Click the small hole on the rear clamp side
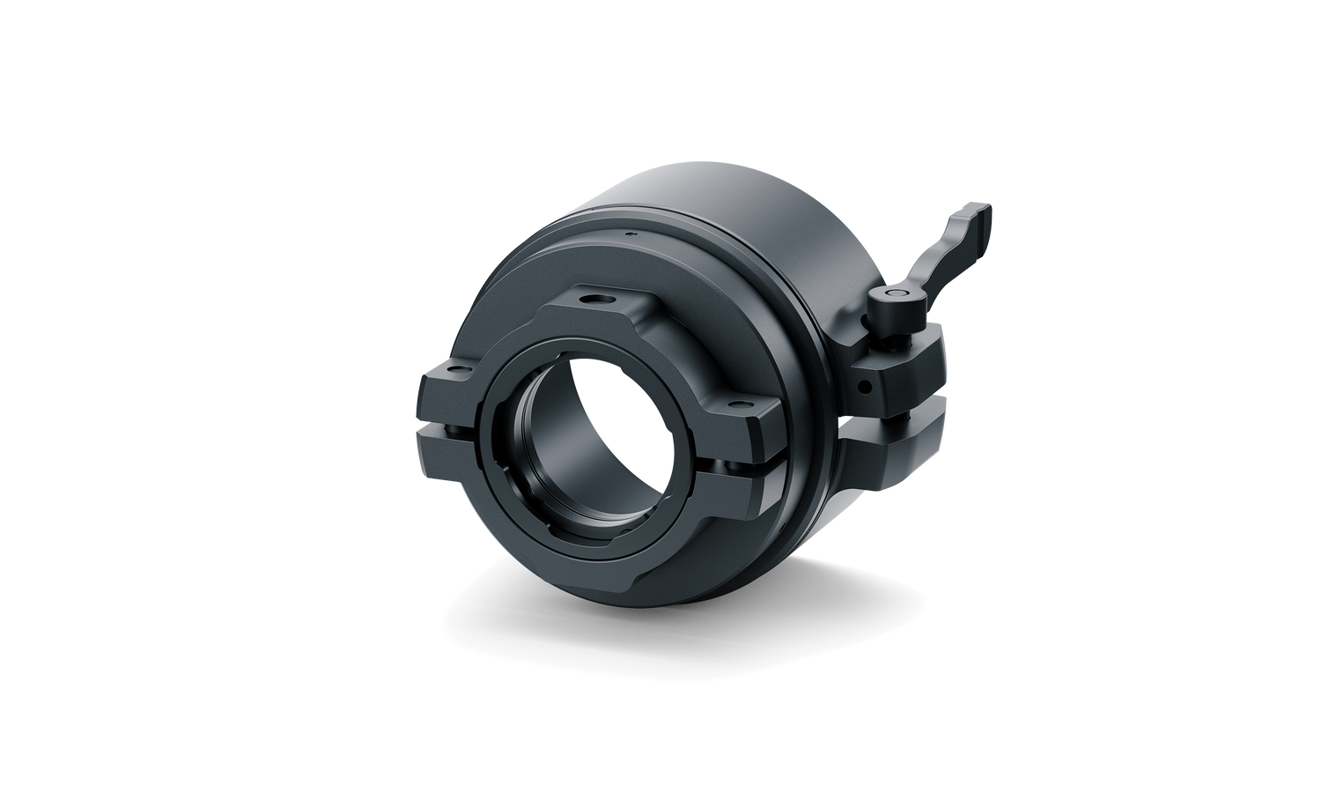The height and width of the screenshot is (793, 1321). (866, 386)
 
